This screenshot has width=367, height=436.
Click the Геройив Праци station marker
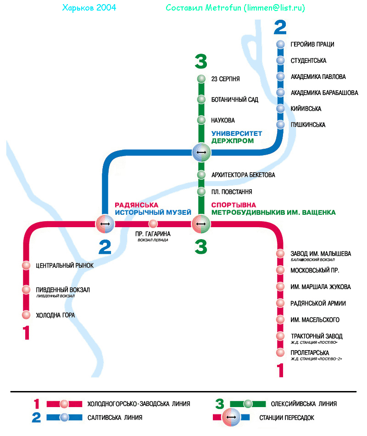click(281, 45)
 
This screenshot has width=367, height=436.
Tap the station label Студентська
click(308, 61)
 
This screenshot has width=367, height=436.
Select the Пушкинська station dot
click(281, 125)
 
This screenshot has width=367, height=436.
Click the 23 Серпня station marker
click(201, 79)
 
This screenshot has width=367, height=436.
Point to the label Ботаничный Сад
click(234, 100)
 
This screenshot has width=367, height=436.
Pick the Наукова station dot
click(201, 120)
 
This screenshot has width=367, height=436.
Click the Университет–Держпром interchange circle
click(201, 152)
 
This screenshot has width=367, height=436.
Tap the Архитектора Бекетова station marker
click(201, 175)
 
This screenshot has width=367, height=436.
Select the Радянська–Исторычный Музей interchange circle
click(105, 224)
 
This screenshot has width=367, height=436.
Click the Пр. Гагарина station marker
click(153, 224)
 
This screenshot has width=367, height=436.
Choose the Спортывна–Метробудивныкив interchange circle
click(201, 224)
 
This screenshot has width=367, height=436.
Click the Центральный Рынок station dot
click(26, 265)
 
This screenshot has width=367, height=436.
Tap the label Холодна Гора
click(55, 315)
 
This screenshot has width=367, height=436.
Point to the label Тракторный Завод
click(317, 336)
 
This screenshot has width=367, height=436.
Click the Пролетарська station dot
click(280, 352)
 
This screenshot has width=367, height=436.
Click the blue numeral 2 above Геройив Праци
click(280, 28)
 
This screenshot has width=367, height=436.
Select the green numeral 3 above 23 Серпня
click(201, 61)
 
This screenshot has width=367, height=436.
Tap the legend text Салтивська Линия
click(115, 418)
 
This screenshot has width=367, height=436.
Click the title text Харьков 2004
click(89, 8)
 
